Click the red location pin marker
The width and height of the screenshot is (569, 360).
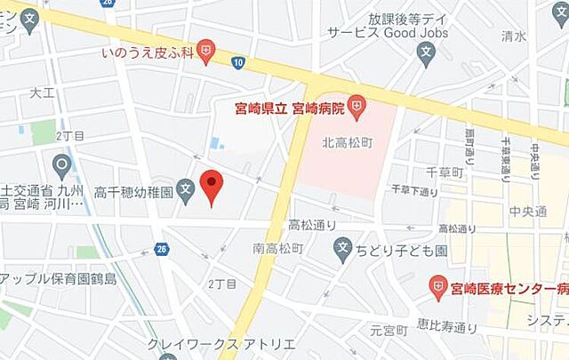point(211,185)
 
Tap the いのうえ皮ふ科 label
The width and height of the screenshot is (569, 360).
point(146,53)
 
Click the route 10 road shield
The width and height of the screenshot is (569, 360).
point(238,62)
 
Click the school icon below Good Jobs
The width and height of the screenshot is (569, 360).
point(424,54)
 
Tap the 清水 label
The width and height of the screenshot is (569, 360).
point(513,36)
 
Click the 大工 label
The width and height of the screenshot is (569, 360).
point(42,92)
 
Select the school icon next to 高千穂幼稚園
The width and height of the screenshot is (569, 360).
point(185,189)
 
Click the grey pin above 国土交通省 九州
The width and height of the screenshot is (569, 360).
point(61,164)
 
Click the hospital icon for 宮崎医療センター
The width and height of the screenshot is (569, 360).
point(437,287)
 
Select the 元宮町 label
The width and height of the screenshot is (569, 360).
point(388,331)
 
